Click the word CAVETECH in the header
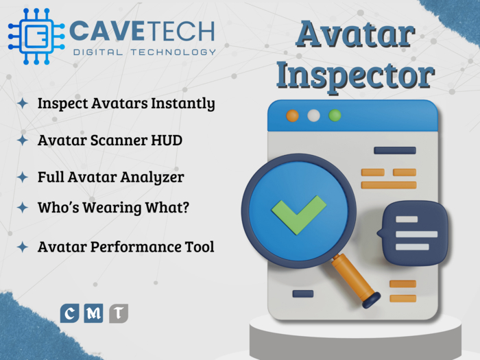[x=143, y=31]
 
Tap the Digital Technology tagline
[x=143, y=52]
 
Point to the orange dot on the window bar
[x=293, y=115]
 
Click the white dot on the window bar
[x=313, y=115]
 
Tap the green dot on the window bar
[x=335, y=115]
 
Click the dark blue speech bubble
[x=415, y=232]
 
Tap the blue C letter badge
[x=69, y=314]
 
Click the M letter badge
[x=94, y=314]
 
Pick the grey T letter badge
[x=119, y=314]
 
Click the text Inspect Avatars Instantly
[x=126, y=104]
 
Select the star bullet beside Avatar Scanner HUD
[x=23, y=141]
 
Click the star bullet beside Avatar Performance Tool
[x=23, y=247]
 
